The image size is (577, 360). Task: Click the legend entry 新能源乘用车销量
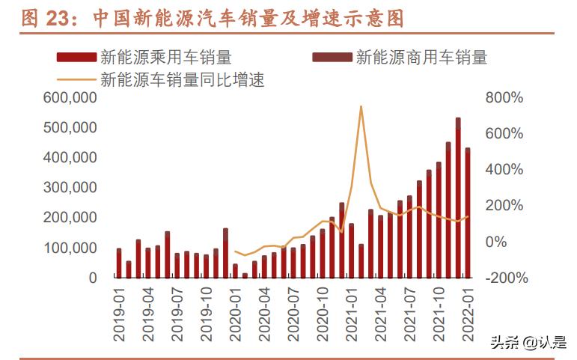[x=165, y=57]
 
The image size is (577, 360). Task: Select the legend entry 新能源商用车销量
[x=421, y=57]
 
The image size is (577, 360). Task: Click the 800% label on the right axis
[x=504, y=98]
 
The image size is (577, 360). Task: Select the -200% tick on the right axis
[x=506, y=278]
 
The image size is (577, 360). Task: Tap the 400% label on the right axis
[x=504, y=170]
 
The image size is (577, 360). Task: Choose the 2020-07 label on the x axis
[x=293, y=314]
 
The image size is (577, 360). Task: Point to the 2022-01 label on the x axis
[x=468, y=314]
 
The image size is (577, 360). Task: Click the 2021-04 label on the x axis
[x=381, y=314]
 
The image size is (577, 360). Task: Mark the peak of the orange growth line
[x=361, y=106]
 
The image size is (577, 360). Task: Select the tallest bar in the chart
[x=458, y=198]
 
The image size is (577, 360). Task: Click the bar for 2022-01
[x=468, y=213]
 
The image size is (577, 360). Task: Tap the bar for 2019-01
[x=119, y=263]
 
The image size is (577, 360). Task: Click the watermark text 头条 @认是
[x=528, y=342]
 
